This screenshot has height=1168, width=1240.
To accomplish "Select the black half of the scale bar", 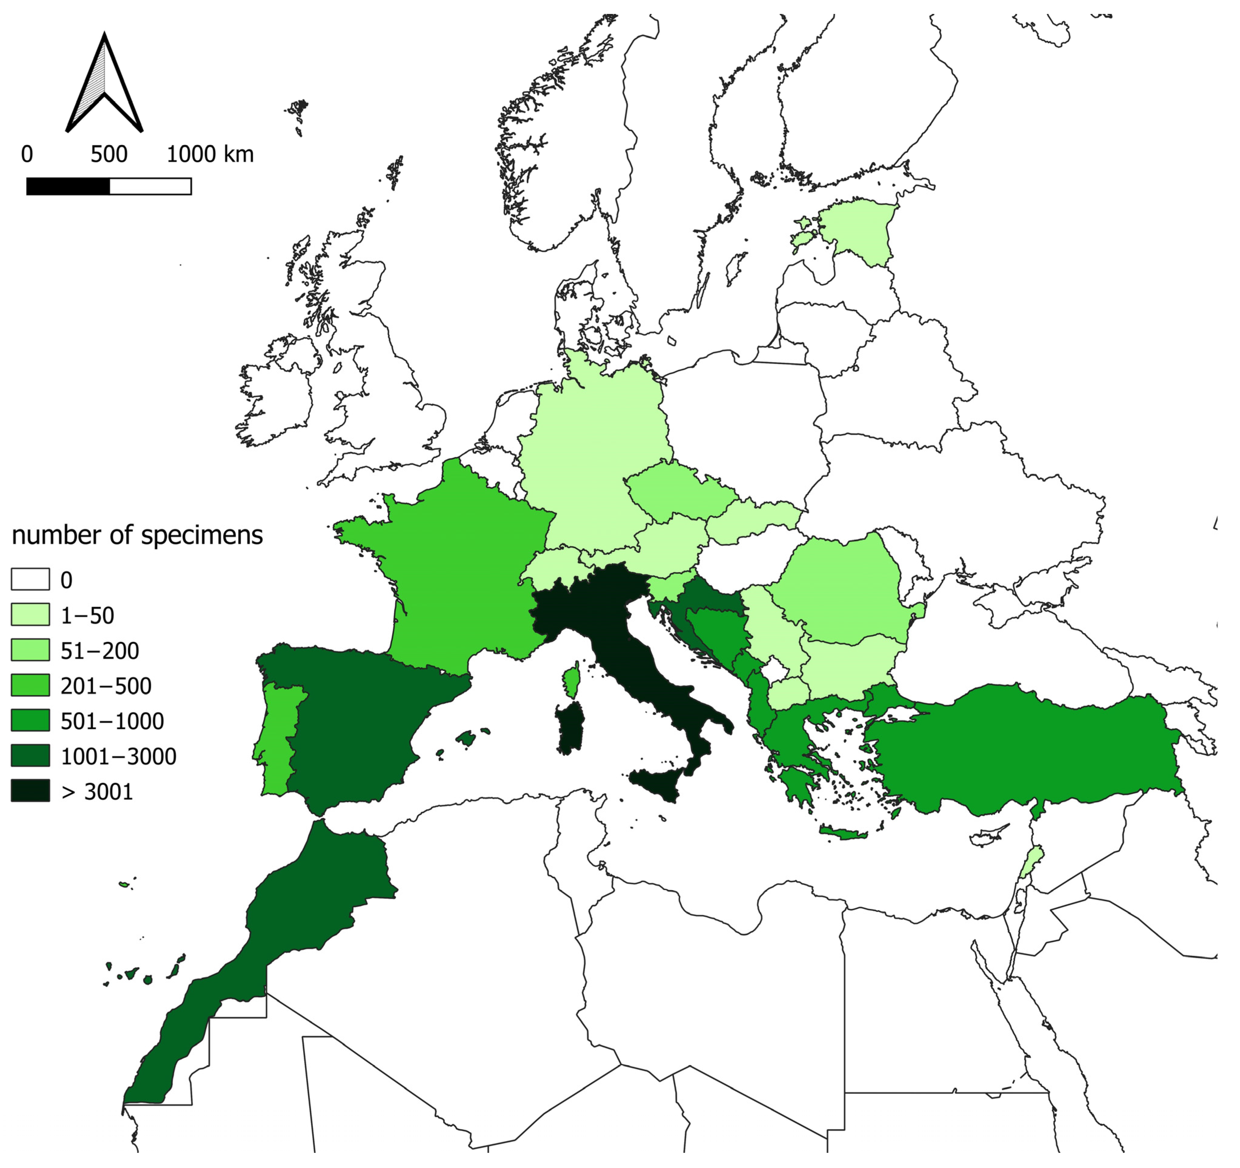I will [68, 186].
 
